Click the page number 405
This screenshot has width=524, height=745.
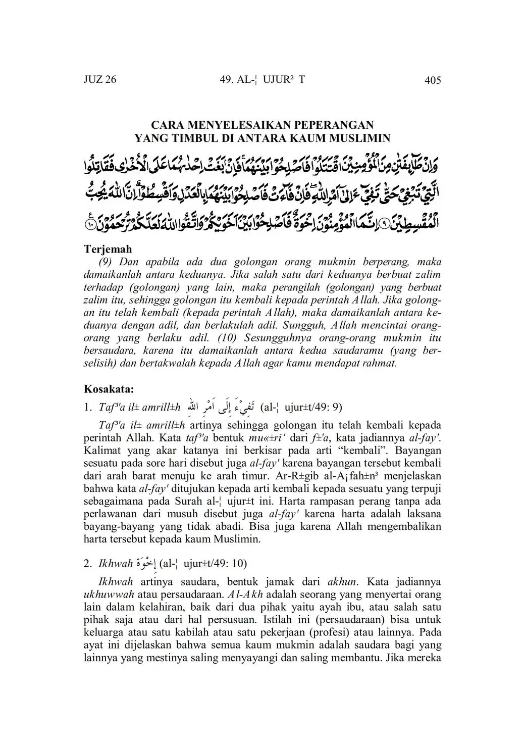[x=433, y=80]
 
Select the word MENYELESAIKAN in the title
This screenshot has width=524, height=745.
[x=226, y=125]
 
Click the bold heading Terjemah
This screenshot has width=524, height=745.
[x=108, y=249]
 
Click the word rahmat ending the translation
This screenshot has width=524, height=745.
[x=380, y=363]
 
